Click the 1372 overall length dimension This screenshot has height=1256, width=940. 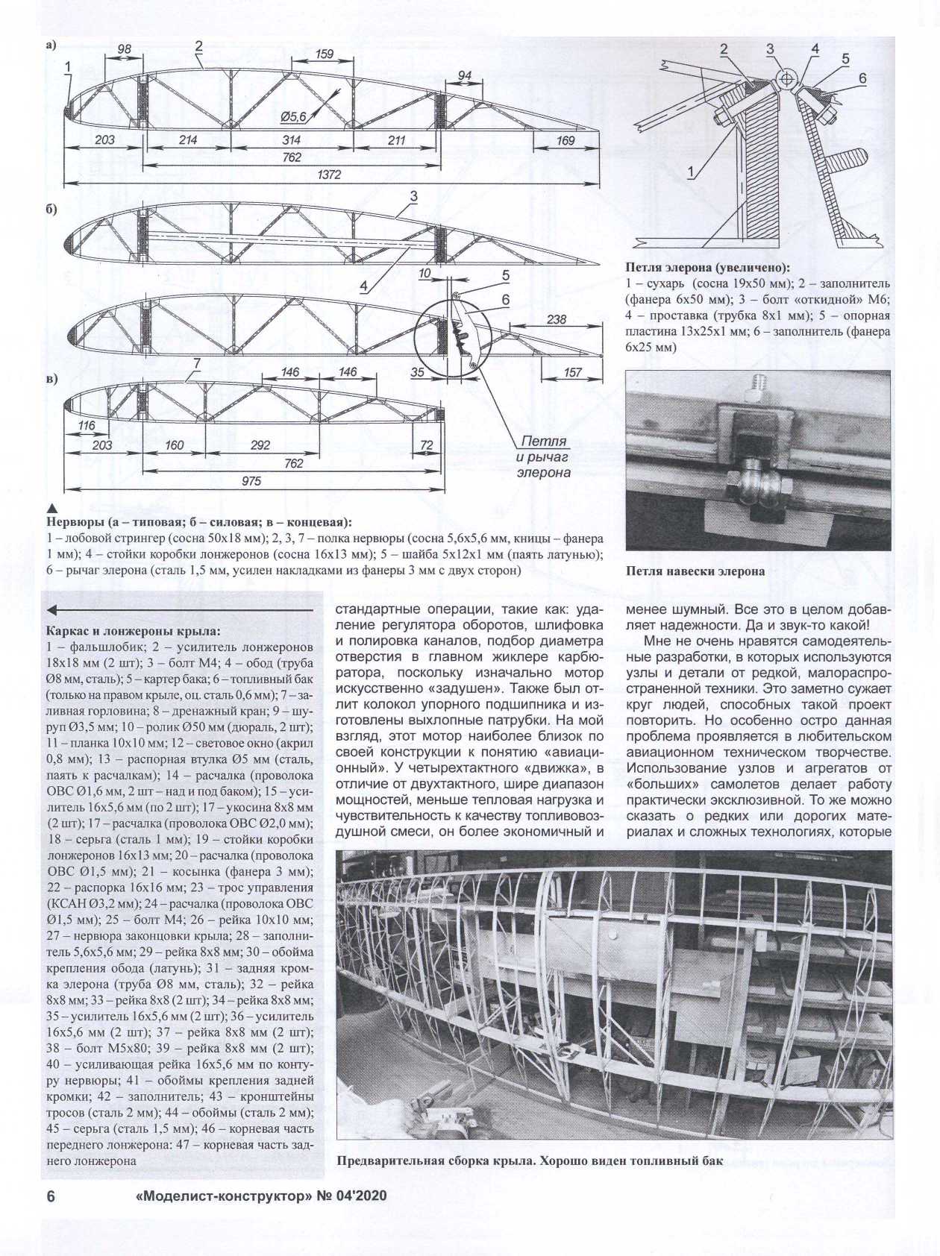coord(329,175)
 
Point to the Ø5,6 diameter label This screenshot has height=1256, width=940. coord(293,116)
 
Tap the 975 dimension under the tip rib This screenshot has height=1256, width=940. coord(251,481)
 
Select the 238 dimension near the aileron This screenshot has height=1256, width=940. coord(557,319)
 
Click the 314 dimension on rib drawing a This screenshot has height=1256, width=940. coord(292,139)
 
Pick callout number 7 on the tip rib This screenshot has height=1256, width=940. coord(197,363)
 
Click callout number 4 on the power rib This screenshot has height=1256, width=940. coord(363,286)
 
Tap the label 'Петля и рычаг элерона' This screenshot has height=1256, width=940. coord(544,456)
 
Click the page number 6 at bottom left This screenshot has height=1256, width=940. coord(51,1196)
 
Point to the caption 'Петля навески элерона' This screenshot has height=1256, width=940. coord(695,571)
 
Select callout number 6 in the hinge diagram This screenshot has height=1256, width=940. coord(862,78)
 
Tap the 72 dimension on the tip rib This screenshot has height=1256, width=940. coord(427,445)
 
